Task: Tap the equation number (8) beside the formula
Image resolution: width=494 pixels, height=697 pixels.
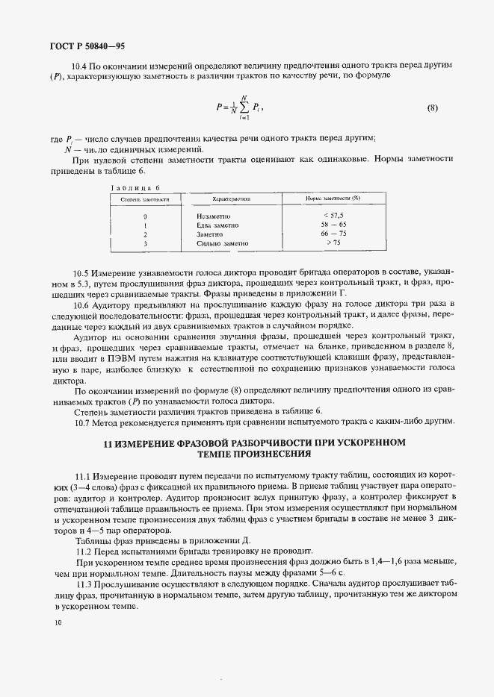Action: click(432, 107)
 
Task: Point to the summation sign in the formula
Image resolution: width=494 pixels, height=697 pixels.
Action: click(243, 107)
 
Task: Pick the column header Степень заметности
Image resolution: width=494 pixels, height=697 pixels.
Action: click(146, 199)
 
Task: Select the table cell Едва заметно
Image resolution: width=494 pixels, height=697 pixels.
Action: click(217, 225)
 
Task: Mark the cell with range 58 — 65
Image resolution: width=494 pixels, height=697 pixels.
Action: click(333, 225)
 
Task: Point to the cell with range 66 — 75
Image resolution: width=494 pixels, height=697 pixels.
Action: click(333, 234)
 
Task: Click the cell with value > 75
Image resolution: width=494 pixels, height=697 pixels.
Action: click(333, 243)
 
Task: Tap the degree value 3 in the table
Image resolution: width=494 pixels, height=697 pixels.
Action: click(145, 243)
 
